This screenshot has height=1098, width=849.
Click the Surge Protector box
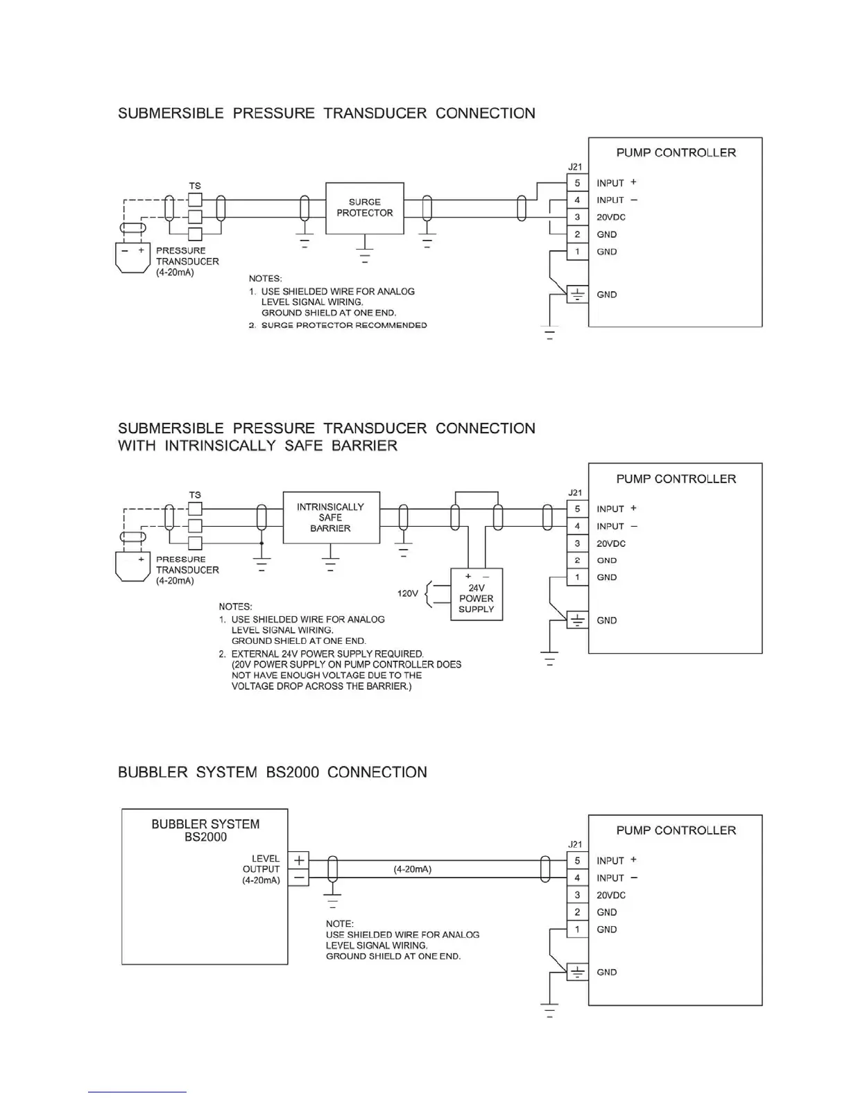pyautogui.click(x=365, y=208)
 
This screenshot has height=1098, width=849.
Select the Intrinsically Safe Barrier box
pyautogui.click(x=331, y=518)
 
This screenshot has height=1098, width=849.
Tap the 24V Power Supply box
pyautogui.click(x=477, y=595)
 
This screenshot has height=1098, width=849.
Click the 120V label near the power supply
pyautogui.click(x=407, y=593)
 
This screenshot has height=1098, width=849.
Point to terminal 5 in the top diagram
pyautogui.click(x=577, y=183)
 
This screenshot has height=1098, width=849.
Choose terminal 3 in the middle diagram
pyautogui.click(x=577, y=543)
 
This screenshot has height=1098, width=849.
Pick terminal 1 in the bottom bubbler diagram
pyautogui.click(x=577, y=930)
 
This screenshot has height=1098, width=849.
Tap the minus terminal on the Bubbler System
pyautogui.click(x=299, y=878)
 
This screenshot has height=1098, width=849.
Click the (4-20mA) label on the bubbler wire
pyautogui.click(x=413, y=869)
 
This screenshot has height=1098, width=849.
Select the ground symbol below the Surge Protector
pyautogui.click(x=365, y=255)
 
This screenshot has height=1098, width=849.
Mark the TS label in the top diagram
pyautogui.click(x=195, y=186)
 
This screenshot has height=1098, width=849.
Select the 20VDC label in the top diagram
pyautogui.click(x=611, y=217)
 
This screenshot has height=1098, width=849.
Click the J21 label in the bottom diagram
pyautogui.click(x=575, y=844)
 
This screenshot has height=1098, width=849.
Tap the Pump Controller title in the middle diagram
pyautogui.click(x=676, y=479)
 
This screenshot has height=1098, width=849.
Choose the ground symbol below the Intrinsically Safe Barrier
pyautogui.click(x=331, y=563)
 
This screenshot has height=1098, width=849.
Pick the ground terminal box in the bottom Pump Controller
pyautogui.click(x=577, y=972)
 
